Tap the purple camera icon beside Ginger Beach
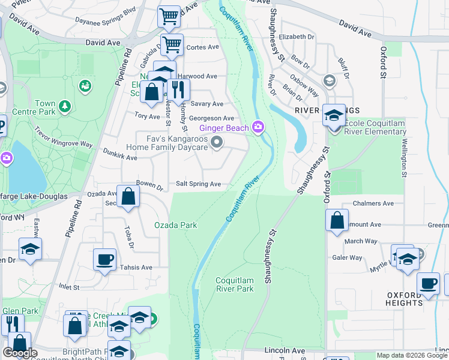[x=259, y=127]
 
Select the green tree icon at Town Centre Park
[x=65, y=107]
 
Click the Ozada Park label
[x=175, y=225]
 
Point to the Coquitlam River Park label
[x=235, y=284]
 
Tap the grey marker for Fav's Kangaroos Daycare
[x=217, y=142]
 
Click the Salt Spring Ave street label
[x=198, y=184]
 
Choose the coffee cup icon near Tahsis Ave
[x=105, y=259]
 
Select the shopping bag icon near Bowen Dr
[x=128, y=197]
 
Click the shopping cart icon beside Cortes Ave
[x=172, y=43]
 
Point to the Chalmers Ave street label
[x=373, y=203]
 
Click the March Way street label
[x=361, y=241]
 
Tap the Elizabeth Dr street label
[x=297, y=37]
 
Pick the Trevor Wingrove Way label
[x=64, y=137]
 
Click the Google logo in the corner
[x=20, y=353]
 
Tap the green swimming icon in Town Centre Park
[x=85, y=87]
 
